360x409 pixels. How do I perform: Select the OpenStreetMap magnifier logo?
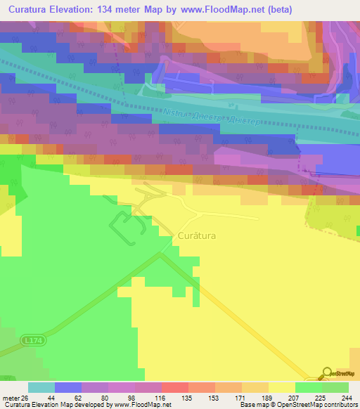[x=328, y=375]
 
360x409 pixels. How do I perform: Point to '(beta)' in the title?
[x=276, y=9]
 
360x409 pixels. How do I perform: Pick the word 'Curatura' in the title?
[x=34, y=9]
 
